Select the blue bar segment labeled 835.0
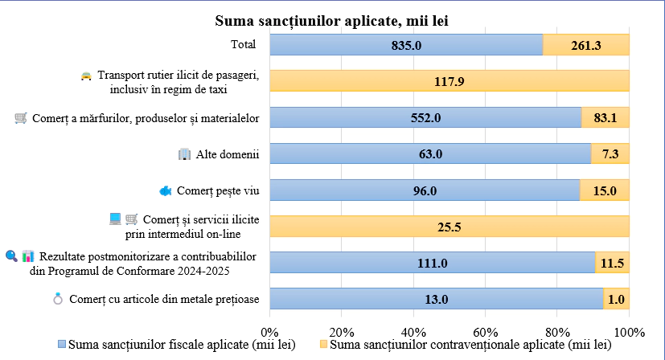point(406,46)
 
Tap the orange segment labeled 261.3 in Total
point(586,46)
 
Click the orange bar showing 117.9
point(449,81)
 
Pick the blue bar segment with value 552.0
point(425,117)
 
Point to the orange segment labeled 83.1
point(605,117)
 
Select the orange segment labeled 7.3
point(610,153)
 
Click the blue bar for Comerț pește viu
point(425,190)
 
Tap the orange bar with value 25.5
point(449,227)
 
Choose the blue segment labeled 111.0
point(432,263)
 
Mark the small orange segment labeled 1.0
point(617,299)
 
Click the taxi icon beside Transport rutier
point(86,76)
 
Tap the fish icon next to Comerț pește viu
point(165,190)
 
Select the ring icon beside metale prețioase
point(57,300)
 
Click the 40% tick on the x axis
point(413,332)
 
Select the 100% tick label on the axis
point(629,332)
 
